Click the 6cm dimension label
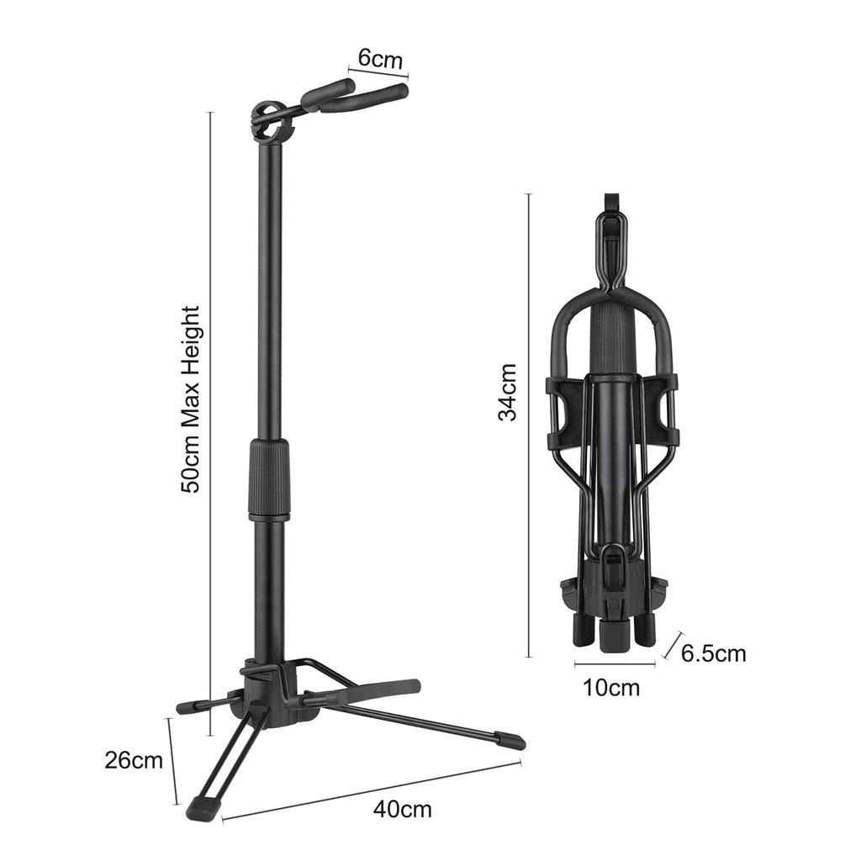tap(380, 60)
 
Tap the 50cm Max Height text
tap(192, 399)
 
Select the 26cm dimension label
tap(134, 761)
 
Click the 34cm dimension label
tap(507, 392)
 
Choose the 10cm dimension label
tap(611, 689)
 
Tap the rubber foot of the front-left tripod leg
tap(204, 808)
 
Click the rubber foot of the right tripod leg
tap(509, 742)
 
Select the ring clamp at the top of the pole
tap(271, 123)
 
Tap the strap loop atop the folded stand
tap(611, 204)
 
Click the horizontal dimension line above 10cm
tap(615, 664)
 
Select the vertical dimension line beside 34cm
tap(528, 425)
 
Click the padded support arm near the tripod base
tap(370, 691)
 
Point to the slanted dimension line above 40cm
tap(370, 790)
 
